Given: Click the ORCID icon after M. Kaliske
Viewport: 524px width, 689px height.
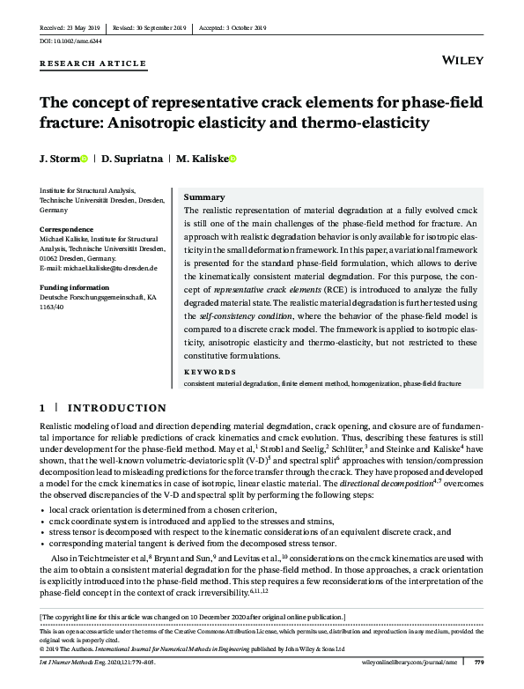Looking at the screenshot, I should pos(233,159).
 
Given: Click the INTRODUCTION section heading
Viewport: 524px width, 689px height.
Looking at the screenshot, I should pos(117,408).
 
